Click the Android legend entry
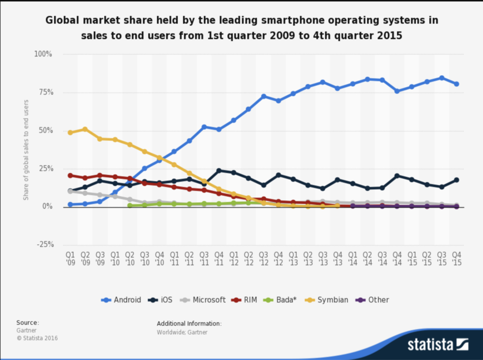(x=121, y=300)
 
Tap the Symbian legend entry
(x=327, y=300)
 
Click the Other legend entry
(x=372, y=300)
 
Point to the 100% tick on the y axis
(x=43, y=54)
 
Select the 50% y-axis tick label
(x=45, y=130)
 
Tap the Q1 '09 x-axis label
(x=70, y=259)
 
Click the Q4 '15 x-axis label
(x=456, y=259)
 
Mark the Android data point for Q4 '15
(x=456, y=84)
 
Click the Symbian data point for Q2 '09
(x=85, y=129)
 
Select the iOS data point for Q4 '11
(x=219, y=171)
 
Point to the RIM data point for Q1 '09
(x=70, y=176)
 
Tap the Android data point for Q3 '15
(x=441, y=78)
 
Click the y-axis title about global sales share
(x=26, y=150)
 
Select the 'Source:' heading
(x=28, y=323)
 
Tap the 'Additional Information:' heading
(x=189, y=324)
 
